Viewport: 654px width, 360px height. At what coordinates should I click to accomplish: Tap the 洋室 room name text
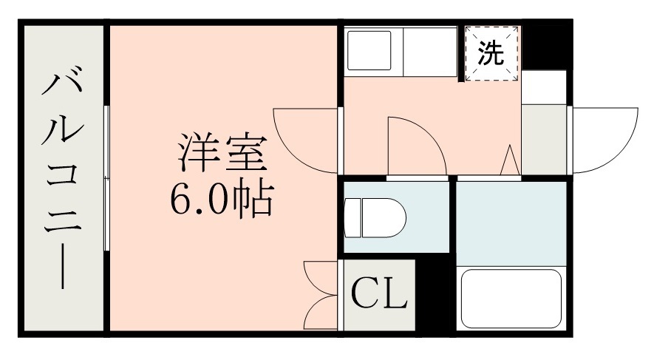pos(219,153)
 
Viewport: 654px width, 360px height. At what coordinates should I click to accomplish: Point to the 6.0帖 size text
pos(221,198)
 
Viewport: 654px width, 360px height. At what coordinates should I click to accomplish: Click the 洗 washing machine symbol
pos(492,53)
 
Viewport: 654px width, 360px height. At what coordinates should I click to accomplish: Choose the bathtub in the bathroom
pos(511,299)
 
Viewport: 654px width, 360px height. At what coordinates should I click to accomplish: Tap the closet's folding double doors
pos(320,296)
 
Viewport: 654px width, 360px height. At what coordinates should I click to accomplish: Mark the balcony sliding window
pos(108,177)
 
